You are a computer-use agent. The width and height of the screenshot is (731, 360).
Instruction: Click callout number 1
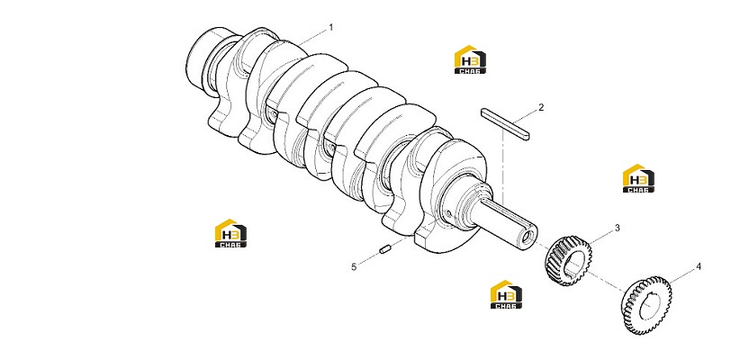click(331, 28)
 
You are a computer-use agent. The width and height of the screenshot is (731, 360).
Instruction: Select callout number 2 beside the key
click(541, 107)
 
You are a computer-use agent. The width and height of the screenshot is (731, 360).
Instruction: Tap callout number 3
click(618, 228)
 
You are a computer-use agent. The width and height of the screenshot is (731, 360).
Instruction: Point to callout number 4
click(699, 266)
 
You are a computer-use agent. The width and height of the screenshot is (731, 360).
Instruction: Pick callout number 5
click(354, 266)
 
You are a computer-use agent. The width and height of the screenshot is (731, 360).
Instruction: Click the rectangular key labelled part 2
click(506, 124)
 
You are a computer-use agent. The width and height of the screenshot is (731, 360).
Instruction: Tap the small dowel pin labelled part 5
click(385, 249)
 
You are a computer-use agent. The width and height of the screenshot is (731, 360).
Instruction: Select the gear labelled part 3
click(568, 260)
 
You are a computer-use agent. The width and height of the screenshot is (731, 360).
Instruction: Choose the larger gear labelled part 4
click(646, 305)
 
